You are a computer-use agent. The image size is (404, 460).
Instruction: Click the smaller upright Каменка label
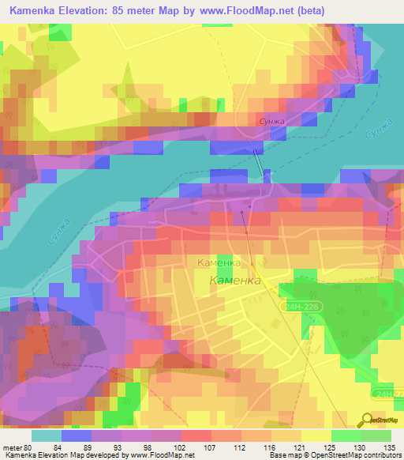pos(219,262)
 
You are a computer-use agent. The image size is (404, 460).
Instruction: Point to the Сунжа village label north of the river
pos(271,121)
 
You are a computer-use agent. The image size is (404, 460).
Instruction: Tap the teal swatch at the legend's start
pos(46,435)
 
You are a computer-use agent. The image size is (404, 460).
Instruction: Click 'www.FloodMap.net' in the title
pos(239,11)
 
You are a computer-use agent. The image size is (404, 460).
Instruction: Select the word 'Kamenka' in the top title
pos(36,11)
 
